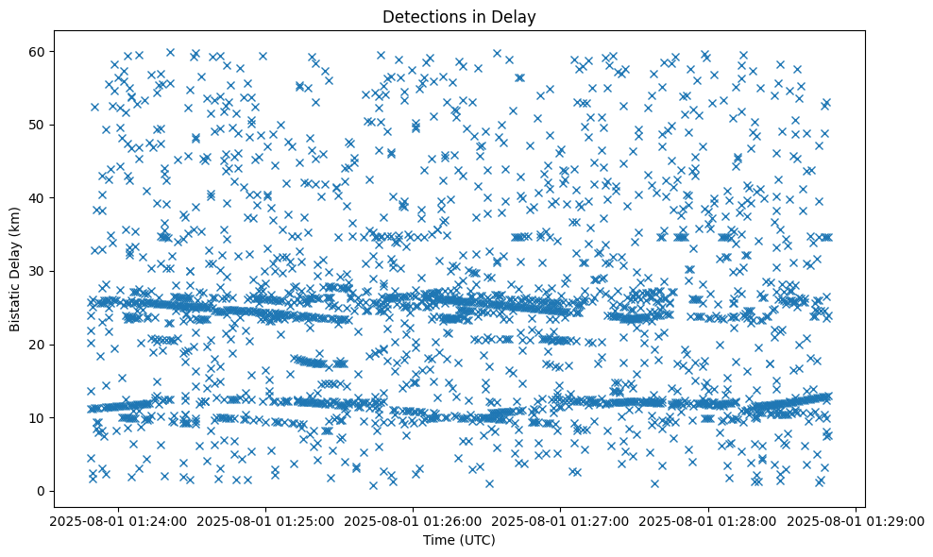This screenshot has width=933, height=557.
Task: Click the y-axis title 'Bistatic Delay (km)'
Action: (x=15, y=269)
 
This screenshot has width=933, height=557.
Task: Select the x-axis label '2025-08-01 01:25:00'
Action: (x=265, y=520)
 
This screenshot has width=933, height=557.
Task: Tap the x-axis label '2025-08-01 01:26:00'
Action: (x=413, y=520)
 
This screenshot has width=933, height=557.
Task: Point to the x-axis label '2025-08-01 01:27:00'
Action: (x=561, y=520)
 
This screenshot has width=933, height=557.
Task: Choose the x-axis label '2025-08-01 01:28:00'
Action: (x=708, y=520)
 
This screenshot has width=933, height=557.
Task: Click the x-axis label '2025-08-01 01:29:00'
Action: (x=856, y=520)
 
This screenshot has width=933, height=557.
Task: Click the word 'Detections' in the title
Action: (x=419, y=17)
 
